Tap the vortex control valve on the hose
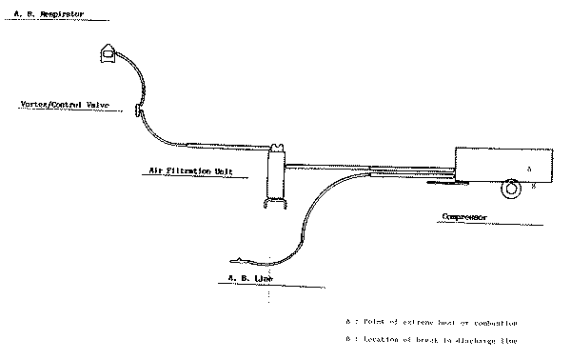pyautogui.click(x=139, y=112)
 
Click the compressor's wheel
pyautogui.click(x=514, y=189)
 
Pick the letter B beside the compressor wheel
pyautogui.click(x=534, y=188)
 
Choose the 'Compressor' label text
pyautogui.click(x=465, y=217)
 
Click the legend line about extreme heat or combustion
pyautogui.click(x=432, y=322)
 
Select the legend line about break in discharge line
pyautogui.click(x=432, y=340)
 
